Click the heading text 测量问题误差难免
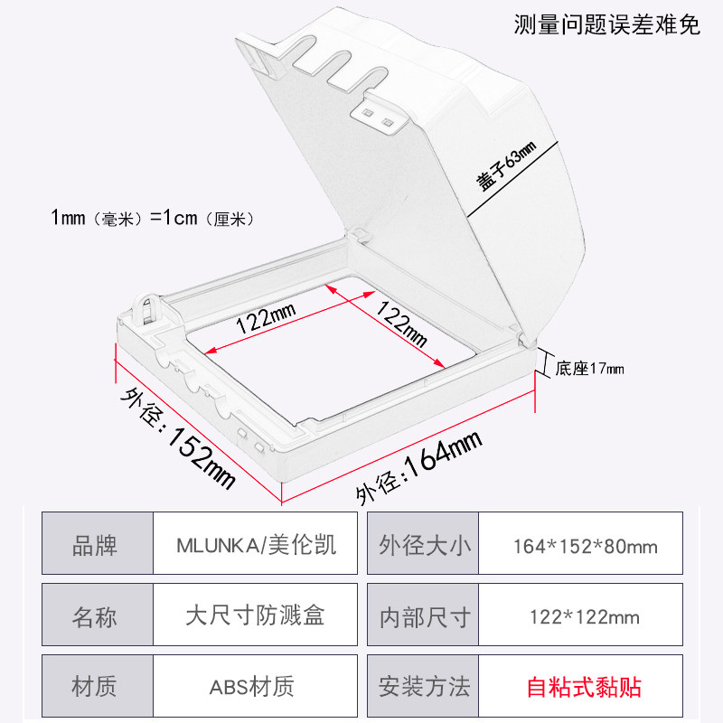point(606,24)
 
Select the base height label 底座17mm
point(589,368)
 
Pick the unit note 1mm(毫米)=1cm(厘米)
point(153,218)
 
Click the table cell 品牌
point(95,546)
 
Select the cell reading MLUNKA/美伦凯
point(256,546)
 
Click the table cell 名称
point(95,617)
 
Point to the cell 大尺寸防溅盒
point(256,617)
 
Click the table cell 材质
point(95,687)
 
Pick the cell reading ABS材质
point(256,687)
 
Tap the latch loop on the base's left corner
point(147,309)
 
